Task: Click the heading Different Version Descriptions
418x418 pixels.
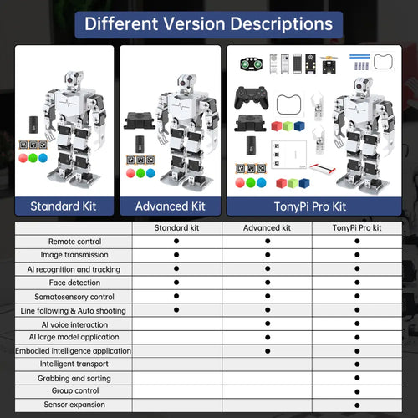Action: coord(208,23)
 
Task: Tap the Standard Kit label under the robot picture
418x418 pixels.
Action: coord(64,206)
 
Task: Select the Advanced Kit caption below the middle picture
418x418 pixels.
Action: coord(171,206)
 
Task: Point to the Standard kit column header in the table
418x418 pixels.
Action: coord(176,227)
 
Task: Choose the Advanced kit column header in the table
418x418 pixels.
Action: coord(268,227)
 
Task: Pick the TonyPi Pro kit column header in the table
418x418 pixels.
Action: coord(357,227)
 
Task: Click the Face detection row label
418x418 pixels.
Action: coord(73,283)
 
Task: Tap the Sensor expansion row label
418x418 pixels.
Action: coord(73,405)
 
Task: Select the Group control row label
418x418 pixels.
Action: coord(73,391)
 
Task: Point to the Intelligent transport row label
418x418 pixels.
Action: coord(73,364)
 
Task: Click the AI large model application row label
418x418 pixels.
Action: coord(73,337)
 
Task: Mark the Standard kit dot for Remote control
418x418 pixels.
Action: coord(176,242)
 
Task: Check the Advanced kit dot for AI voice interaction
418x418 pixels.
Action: coord(268,324)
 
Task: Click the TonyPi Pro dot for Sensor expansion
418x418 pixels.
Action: coord(357,405)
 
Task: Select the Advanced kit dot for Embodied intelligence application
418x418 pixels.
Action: coord(268,351)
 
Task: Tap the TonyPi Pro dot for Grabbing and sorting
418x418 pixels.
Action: coord(357,378)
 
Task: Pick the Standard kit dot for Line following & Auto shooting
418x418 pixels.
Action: coord(176,310)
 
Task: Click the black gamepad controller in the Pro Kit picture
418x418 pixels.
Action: coord(250,98)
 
